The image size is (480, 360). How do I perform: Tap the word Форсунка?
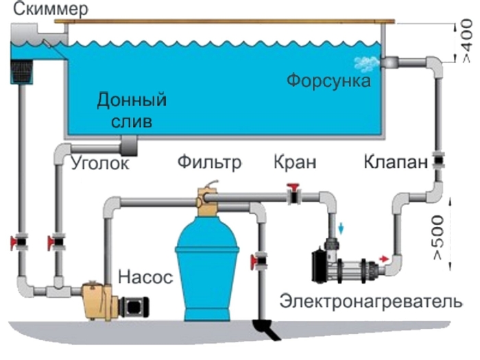tap(328, 81)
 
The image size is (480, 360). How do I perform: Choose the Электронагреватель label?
tap(370, 301)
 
